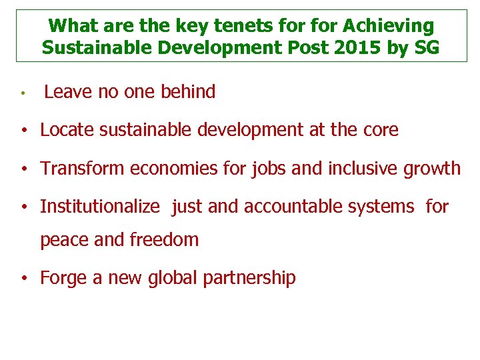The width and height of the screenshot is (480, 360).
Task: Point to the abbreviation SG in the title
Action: (x=427, y=48)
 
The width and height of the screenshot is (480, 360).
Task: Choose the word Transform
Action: (x=83, y=169)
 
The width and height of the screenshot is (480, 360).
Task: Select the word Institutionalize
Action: (x=100, y=207)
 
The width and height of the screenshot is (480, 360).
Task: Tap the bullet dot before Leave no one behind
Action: (x=23, y=93)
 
